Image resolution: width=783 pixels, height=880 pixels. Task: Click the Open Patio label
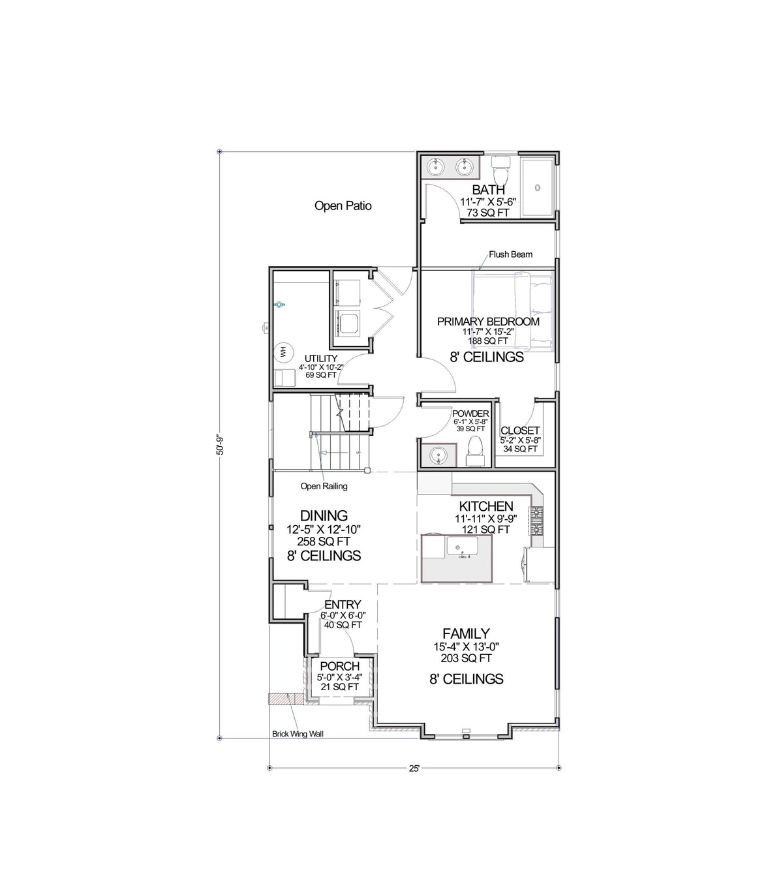click(x=343, y=206)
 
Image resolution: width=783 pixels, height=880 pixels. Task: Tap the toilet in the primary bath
click(x=502, y=172)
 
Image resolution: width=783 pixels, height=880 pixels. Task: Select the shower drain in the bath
click(x=538, y=188)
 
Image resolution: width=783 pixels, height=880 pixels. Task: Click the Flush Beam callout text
click(x=510, y=254)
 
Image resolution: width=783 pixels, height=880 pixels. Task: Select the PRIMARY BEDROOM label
click(x=488, y=322)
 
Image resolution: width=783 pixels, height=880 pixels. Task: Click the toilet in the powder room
click(x=475, y=449)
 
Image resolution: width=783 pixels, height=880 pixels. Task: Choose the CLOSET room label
click(x=520, y=431)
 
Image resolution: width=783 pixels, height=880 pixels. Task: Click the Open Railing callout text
click(x=324, y=486)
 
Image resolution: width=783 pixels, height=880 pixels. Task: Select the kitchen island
click(x=457, y=558)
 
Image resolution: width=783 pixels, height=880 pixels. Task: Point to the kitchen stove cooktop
click(x=536, y=521)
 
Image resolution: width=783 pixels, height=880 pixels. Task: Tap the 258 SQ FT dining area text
click(x=324, y=541)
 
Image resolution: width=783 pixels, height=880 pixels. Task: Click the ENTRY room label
click(x=343, y=605)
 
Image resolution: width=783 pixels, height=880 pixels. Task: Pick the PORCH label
click(x=339, y=666)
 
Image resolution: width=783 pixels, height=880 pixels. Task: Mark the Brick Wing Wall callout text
click(x=298, y=734)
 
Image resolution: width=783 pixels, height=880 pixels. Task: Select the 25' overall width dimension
click(x=414, y=768)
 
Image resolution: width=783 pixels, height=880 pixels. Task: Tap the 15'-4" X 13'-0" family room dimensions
click(x=466, y=647)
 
